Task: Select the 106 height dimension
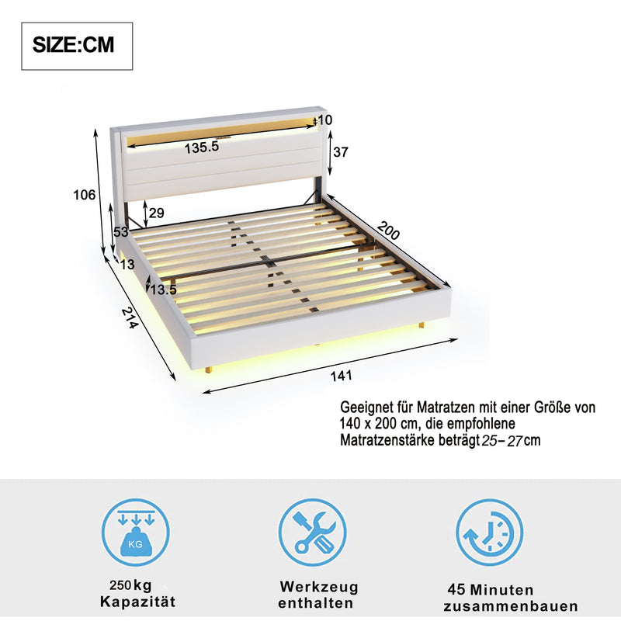coord(86,195)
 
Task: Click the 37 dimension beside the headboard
coord(340,152)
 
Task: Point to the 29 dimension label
coord(156,213)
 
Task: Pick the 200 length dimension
coord(389,231)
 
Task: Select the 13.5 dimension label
coord(163,290)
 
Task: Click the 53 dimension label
coord(120,231)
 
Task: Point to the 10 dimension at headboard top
coord(324,120)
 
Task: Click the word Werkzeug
coord(319,587)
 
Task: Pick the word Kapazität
coord(137,602)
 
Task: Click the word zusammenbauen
coord(511,606)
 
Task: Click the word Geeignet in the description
coord(367,408)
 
